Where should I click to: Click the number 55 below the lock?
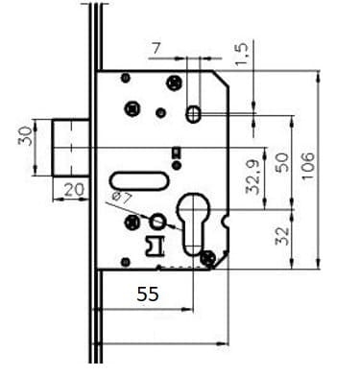click(148, 294)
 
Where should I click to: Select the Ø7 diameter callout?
click(122, 199)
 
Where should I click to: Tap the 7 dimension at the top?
click(158, 45)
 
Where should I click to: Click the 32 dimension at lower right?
click(281, 234)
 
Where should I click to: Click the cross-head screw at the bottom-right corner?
click(209, 257)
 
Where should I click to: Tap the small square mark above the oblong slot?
click(174, 152)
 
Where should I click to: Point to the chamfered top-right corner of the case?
click(219, 84)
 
